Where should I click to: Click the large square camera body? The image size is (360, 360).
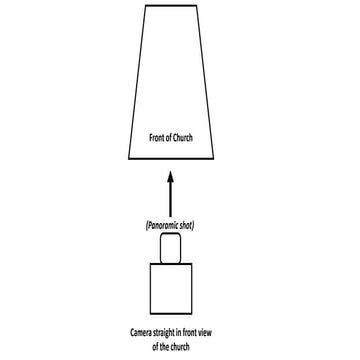tap(171, 290)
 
